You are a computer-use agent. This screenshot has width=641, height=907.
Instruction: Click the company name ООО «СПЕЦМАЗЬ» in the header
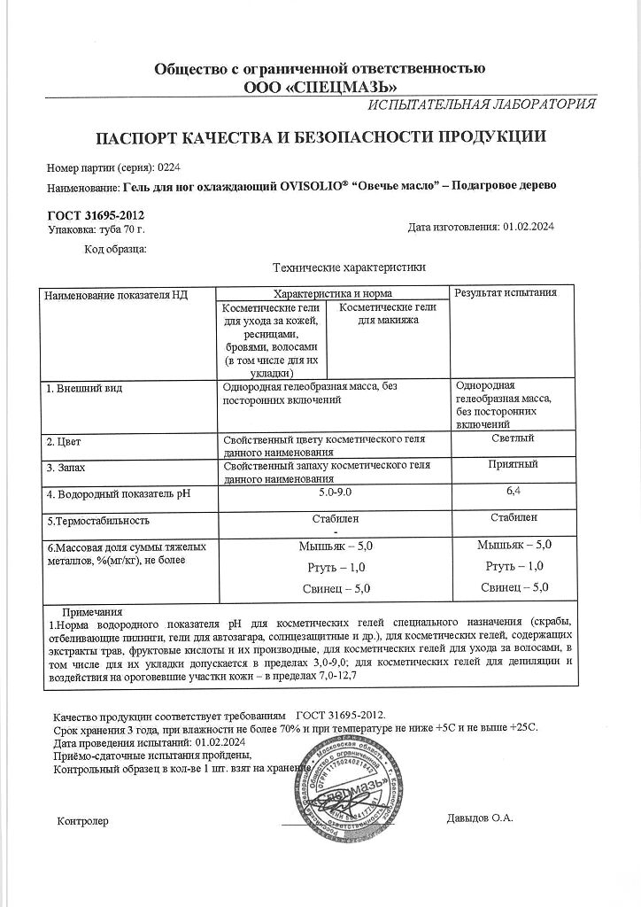coord(320,86)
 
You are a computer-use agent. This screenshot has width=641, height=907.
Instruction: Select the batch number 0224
coord(168,167)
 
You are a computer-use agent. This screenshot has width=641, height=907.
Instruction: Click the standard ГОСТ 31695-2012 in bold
coord(95,216)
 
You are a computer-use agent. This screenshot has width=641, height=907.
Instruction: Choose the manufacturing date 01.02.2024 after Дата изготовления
coord(529,228)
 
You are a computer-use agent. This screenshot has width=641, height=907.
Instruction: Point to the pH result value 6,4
coord(512,490)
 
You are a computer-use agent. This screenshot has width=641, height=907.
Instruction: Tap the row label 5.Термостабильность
coord(98,521)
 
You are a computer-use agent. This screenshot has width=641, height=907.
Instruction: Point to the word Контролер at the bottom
coord(81,821)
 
